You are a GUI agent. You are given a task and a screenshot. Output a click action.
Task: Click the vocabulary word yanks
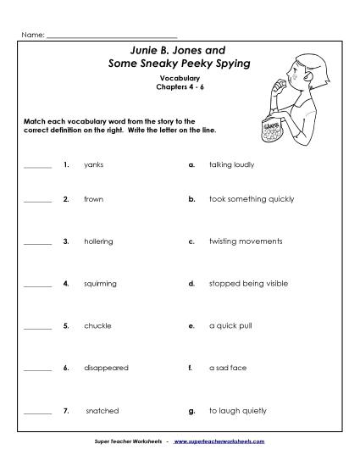click(x=93, y=164)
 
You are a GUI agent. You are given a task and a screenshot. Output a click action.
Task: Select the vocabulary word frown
click(x=93, y=199)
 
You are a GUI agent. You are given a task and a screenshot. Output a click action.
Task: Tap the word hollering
click(x=98, y=241)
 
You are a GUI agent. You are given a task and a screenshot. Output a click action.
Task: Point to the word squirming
click(x=100, y=283)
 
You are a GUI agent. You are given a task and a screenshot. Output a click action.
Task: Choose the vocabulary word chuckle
click(x=97, y=325)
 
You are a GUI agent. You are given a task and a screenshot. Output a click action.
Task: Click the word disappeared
click(x=105, y=368)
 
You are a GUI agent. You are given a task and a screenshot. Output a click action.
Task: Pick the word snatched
click(x=102, y=411)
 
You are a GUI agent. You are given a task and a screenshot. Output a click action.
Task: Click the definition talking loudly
click(x=231, y=164)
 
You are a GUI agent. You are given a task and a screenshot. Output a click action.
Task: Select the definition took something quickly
click(x=252, y=199)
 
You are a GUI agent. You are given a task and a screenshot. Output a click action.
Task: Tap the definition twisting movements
click(x=246, y=241)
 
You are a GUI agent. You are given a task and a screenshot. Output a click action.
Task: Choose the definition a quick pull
click(x=230, y=325)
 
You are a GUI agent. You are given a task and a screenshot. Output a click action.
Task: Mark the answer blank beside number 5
click(x=37, y=327)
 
